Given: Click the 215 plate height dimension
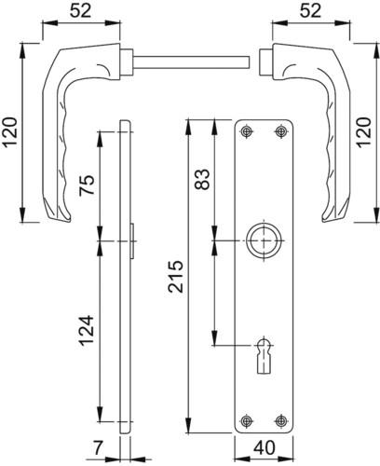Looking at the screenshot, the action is click(175, 277).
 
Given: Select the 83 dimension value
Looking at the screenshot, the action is click(202, 179).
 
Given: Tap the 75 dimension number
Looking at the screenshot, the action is click(87, 185).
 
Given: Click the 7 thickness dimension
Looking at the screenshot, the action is click(98, 448).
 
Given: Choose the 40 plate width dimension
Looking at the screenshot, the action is click(265, 447).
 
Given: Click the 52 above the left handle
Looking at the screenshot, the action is click(81, 11).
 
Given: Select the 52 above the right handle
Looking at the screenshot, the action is click(310, 11).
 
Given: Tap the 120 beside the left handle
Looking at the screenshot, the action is click(9, 131).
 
